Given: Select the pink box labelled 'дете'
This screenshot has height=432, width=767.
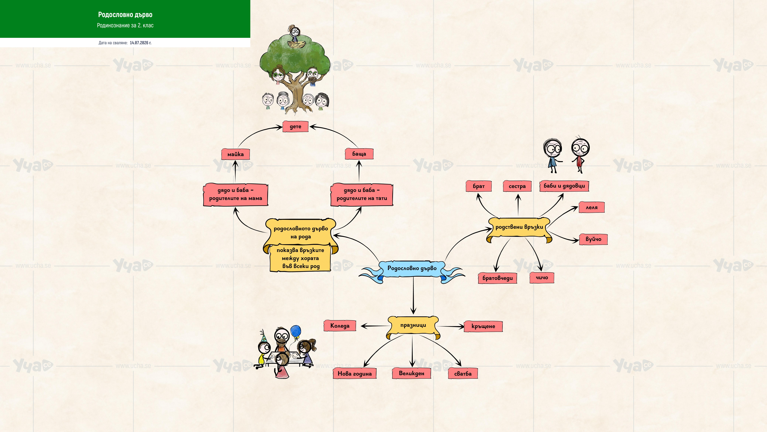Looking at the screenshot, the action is [295, 126].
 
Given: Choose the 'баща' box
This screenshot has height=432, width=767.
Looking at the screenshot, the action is [359, 154].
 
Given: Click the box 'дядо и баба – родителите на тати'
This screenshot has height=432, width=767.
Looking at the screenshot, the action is [362, 194].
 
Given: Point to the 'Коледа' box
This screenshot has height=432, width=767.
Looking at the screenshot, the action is [340, 326].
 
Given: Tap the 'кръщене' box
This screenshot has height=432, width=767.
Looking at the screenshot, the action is [483, 326].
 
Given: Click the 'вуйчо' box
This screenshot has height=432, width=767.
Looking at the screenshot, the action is [593, 239].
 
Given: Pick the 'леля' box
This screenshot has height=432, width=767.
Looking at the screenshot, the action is [592, 207].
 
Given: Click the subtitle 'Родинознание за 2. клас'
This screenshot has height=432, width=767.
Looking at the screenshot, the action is [125, 25].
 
